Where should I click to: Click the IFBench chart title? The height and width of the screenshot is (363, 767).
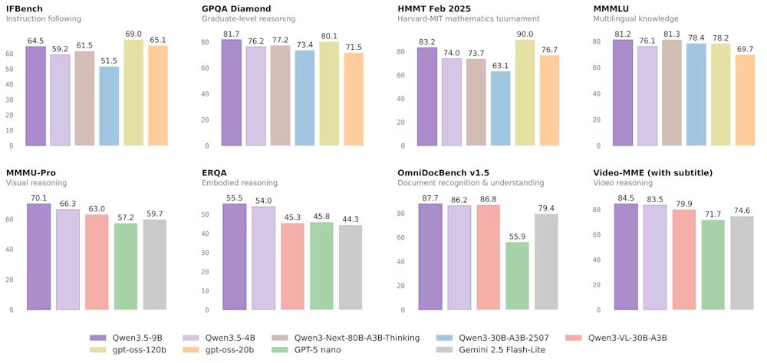click(x=25, y=8)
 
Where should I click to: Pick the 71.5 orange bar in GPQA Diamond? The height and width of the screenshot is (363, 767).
click(x=353, y=99)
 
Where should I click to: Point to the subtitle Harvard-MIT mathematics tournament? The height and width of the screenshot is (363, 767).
click(x=468, y=18)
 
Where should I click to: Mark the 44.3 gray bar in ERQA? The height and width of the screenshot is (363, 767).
click(x=351, y=267)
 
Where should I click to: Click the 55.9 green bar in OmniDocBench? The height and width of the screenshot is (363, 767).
click(x=518, y=276)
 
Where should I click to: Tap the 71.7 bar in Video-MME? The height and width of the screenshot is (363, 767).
click(x=713, y=265)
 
